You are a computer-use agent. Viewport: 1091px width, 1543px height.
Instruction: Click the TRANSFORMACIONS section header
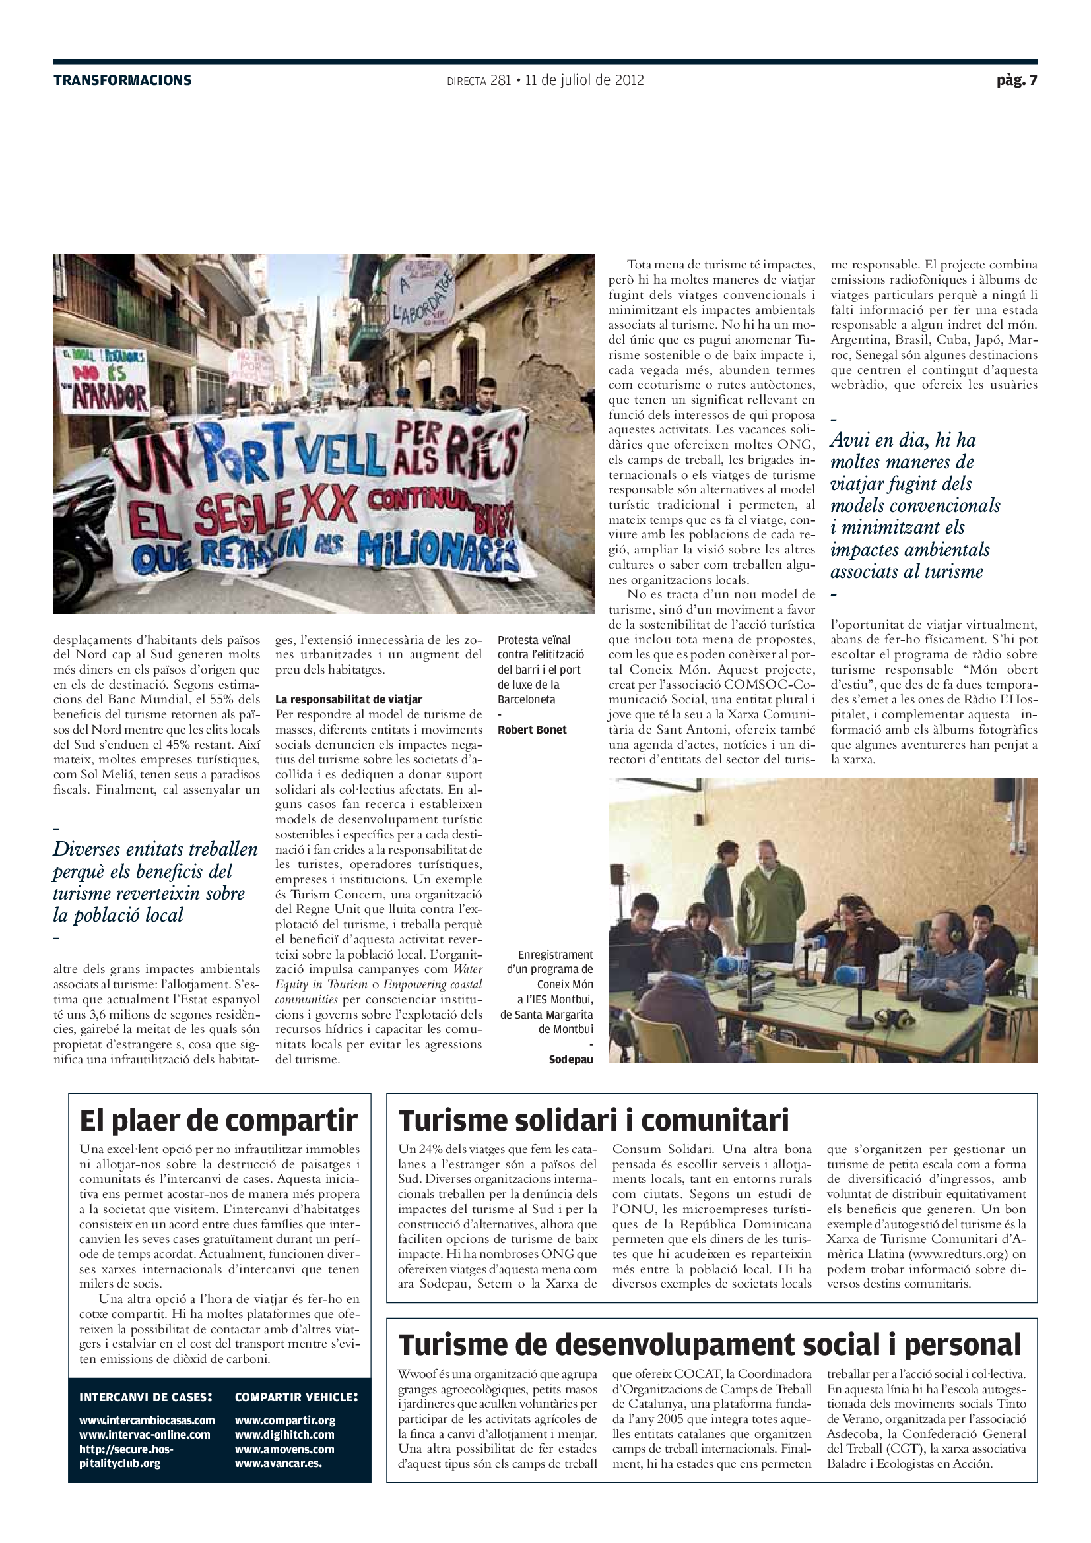tap(122, 80)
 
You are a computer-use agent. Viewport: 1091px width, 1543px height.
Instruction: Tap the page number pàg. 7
tap(1016, 80)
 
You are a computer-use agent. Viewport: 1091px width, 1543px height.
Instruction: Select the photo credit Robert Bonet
tap(532, 730)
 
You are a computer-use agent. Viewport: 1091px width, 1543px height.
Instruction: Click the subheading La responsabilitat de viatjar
tap(348, 699)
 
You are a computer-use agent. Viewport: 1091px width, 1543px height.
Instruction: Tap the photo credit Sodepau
tap(571, 1060)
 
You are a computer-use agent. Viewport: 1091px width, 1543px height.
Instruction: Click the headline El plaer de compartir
tap(218, 1121)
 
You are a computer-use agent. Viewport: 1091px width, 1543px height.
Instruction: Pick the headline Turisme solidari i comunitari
tap(593, 1121)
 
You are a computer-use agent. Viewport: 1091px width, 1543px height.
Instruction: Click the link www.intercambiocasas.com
tap(147, 1420)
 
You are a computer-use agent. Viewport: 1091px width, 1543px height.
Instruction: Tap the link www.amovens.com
tap(284, 1449)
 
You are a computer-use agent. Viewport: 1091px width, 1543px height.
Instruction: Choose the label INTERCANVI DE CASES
tap(145, 1397)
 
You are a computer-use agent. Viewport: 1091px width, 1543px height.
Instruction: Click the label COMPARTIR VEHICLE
tap(296, 1397)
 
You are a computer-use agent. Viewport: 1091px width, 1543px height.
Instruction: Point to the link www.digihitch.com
tap(284, 1434)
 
